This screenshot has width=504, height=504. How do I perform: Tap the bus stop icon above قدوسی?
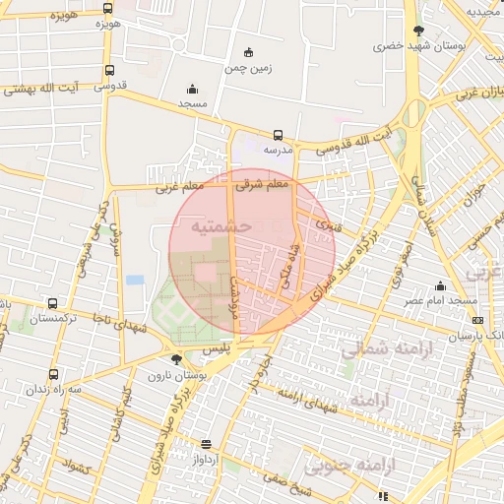(108, 71)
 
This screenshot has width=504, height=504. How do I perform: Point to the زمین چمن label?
(247, 69)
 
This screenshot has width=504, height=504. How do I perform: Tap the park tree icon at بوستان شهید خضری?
(418, 31)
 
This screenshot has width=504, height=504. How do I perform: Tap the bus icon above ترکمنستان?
(51, 304)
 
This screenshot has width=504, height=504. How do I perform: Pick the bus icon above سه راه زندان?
(52, 374)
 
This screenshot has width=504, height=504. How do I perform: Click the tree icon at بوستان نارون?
(175, 360)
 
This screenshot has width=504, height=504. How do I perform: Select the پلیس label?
(215, 349)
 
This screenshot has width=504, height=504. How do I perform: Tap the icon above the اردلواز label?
(205, 444)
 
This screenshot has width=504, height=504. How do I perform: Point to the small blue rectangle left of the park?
(135, 281)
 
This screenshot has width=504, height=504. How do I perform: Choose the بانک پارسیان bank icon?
(478, 320)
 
